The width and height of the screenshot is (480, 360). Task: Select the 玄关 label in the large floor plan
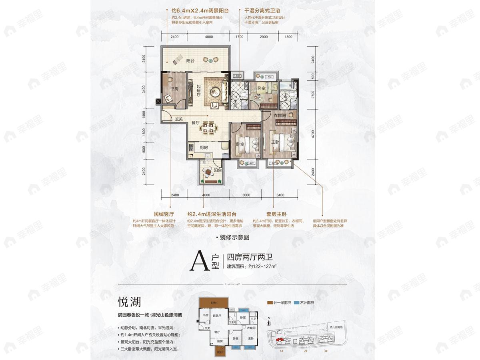pos(178,119)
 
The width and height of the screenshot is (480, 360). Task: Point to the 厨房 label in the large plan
pos(204,147)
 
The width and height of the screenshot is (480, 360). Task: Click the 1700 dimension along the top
pos(239,37)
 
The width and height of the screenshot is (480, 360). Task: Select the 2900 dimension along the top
pos(264,37)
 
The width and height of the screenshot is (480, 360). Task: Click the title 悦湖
pos(129,301)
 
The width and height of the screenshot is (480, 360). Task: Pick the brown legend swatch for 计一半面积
pos(270,303)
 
